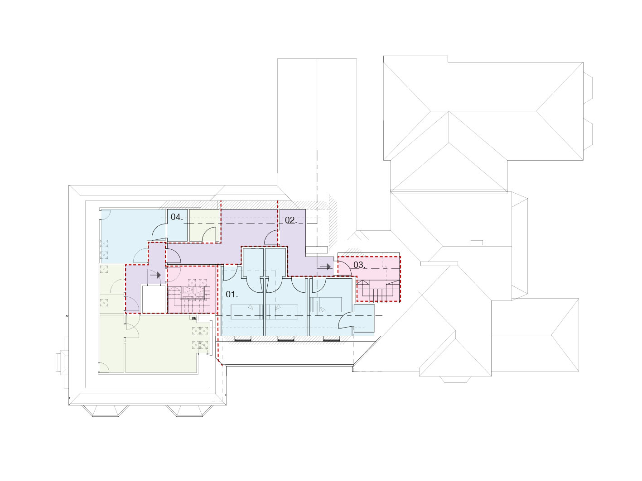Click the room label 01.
[x=232, y=295]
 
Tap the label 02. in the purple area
[x=291, y=220]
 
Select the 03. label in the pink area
[x=359, y=265]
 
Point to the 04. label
[x=177, y=217]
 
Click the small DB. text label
[x=194, y=318]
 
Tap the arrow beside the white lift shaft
[x=155, y=275]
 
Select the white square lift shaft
[x=154, y=299]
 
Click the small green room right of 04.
[x=204, y=225]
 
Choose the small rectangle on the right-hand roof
[x=477, y=243]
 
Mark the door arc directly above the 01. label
[x=233, y=272]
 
